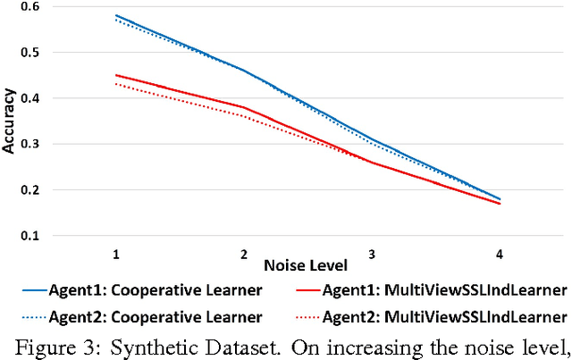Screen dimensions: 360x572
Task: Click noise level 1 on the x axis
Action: [116, 254]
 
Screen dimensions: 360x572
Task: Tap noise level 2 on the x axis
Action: [244, 254]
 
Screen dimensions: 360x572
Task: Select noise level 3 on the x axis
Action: [372, 254]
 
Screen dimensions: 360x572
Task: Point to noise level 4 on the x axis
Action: [500, 254]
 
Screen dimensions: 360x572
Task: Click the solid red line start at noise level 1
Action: [116, 75]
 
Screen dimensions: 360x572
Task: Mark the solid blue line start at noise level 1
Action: [116, 16]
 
